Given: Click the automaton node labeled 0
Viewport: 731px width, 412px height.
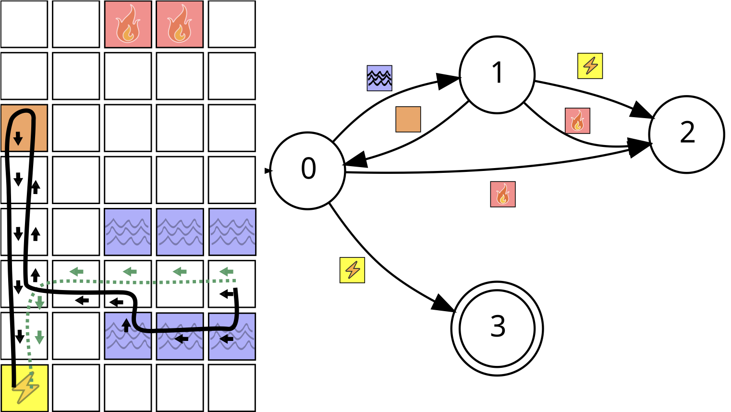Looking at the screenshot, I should click(307, 170).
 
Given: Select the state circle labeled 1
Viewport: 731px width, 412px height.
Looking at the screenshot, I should click(497, 74).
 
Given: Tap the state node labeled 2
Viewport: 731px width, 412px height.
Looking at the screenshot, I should click(686, 134).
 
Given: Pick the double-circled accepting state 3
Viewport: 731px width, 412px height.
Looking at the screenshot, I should click(497, 328).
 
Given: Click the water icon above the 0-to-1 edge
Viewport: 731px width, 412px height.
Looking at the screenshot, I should click(379, 78).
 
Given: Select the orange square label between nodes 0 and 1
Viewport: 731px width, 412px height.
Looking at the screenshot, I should click(408, 119).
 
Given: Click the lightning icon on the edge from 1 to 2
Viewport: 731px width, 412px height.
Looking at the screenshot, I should click(590, 66).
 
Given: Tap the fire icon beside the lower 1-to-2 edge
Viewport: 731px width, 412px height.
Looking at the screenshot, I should click(577, 121).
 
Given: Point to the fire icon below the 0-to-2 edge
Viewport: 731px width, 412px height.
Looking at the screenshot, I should click(503, 194).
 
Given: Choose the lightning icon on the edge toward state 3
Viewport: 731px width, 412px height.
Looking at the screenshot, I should click(352, 270).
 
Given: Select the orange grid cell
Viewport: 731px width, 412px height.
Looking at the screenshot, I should click(24, 128).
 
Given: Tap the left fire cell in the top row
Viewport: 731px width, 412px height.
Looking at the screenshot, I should click(128, 24).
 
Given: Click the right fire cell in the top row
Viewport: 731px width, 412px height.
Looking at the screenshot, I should click(180, 24).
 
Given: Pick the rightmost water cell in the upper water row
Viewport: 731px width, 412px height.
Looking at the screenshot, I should click(232, 232).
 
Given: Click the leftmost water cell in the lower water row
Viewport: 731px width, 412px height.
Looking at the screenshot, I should click(128, 336).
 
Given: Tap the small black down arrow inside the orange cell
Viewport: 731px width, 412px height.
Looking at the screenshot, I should click(18, 138).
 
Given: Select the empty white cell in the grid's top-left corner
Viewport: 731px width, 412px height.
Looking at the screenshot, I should click(24, 24).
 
